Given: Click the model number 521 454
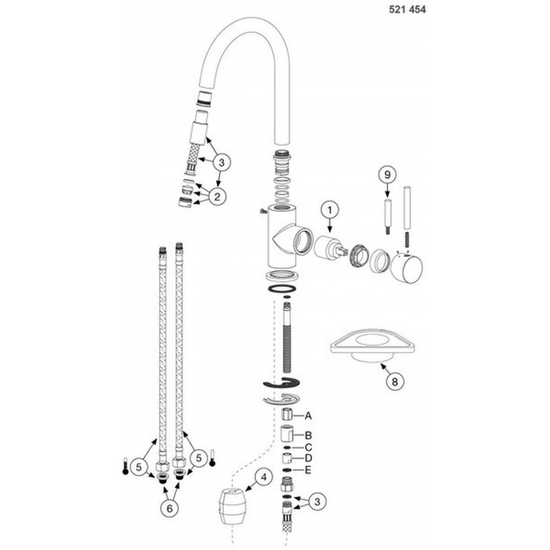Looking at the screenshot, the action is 407,10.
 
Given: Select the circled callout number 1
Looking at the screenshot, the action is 330,210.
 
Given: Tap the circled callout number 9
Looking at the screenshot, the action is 387,175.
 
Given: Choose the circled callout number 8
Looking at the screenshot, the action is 395,382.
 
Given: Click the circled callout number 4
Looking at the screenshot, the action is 264,477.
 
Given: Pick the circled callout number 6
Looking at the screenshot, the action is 170,508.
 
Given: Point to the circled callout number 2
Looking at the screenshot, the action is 217,197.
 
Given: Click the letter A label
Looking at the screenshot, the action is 308,416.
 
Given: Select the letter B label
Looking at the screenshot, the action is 308,436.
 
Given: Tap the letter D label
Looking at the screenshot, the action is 308,458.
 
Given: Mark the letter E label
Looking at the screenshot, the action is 308,470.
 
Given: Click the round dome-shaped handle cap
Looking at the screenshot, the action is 407,269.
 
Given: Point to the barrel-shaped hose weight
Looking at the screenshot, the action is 231,506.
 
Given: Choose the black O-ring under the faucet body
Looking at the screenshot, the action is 282,289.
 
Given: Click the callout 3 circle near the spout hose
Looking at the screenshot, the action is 221,162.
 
